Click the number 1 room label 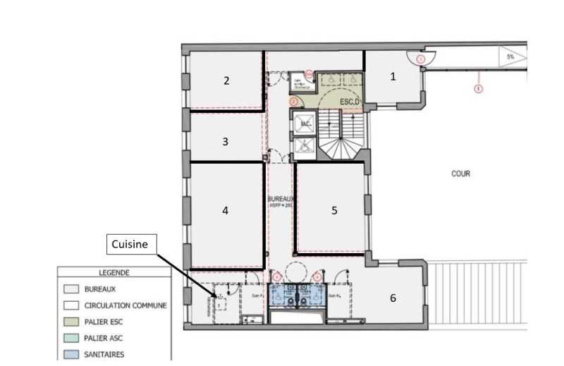[393, 77]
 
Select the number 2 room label [226, 80]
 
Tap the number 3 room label [225, 141]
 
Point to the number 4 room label [225, 209]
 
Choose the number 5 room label [334, 209]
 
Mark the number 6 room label [393, 298]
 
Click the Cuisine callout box [130, 244]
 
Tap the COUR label [460, 173]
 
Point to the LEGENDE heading [113, 272]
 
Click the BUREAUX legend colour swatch [71, 289]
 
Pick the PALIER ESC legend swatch [71, 322]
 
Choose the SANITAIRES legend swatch [71, 354]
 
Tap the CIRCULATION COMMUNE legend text [125, 305]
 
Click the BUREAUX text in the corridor [280, 200]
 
